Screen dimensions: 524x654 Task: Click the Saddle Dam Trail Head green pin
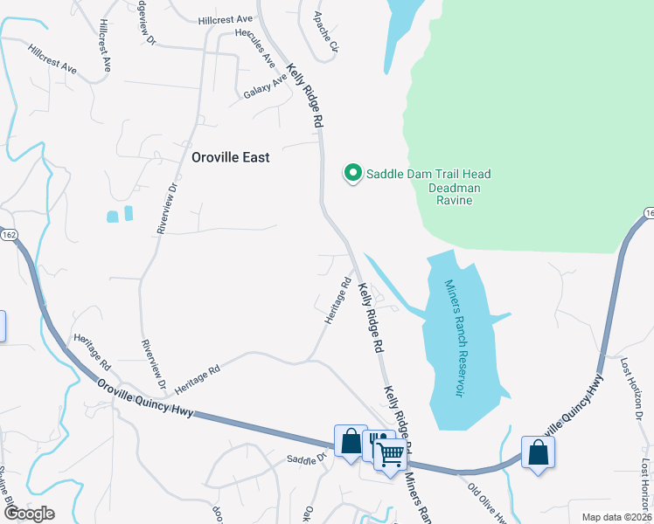click(x=353, y=174)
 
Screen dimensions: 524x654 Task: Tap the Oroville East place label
click(x=231, y=158)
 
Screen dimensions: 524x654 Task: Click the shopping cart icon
click(x=391, y=453)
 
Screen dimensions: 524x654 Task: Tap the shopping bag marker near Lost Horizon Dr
click(x=538, y=453)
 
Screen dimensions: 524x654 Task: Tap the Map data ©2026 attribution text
click(x=616, y=517)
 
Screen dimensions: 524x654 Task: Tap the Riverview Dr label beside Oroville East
click(x=168, y=208)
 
